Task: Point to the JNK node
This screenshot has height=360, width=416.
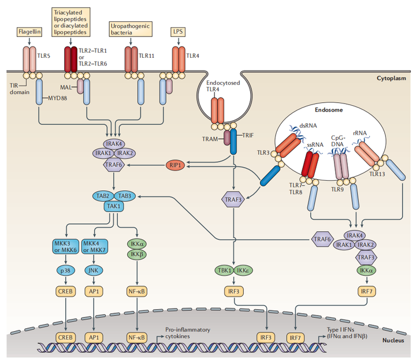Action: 93,269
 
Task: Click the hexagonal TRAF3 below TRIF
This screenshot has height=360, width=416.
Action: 233,200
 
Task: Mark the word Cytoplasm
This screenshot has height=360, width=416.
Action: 391,78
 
